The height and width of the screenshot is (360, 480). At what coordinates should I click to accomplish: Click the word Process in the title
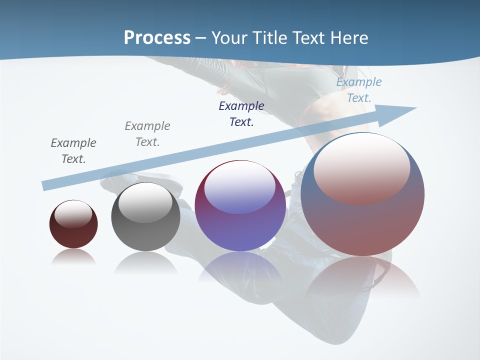[x=157, y=38]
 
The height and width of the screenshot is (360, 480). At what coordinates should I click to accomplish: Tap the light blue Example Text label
[x=359, y=90]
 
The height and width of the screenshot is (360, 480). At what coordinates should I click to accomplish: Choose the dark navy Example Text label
[x=241, y=113]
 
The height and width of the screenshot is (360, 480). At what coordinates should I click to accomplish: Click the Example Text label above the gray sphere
[x=147, y=133]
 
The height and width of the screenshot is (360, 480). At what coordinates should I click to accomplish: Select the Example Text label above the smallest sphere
[x=73, y=150]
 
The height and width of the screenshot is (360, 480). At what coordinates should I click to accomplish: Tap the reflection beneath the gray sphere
[x=145, y=262]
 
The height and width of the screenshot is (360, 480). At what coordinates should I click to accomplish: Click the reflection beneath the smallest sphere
[x=73, y=256]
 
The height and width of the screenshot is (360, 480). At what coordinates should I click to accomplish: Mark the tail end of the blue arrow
[x=46, y=185]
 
